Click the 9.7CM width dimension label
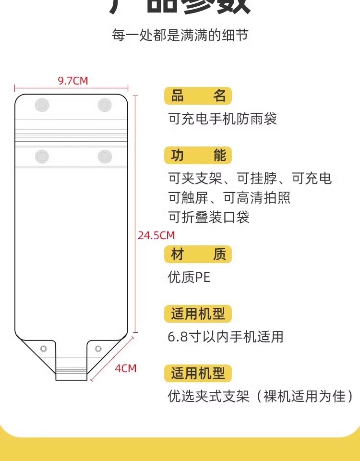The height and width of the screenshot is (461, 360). coord(73,81)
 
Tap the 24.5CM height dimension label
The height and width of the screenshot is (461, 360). coord(156,235)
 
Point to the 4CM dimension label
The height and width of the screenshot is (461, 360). coord(126,368)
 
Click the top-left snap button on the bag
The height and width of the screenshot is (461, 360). coord(42,105)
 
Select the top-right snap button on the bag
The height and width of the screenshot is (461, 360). coord(105,105)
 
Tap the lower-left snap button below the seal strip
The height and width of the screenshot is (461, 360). coord(42,156)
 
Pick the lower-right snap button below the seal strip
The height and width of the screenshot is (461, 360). coord(105,156)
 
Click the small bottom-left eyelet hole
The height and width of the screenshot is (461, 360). coord(44,348)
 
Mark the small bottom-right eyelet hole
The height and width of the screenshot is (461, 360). coord(98,348)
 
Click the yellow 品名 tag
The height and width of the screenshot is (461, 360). coord(198,96)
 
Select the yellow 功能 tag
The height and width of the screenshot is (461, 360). coord(198,156)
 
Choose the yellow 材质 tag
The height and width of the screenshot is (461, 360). coord(198,254)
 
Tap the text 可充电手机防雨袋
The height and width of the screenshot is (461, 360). coord(223,119)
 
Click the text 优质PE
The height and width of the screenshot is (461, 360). coord(189,277)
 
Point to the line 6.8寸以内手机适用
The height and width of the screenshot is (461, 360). coord(226,337)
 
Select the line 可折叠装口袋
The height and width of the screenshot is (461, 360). coord(209,217)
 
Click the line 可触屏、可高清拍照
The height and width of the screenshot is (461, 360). coord(229,197)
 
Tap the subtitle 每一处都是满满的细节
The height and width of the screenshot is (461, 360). coord(180,35)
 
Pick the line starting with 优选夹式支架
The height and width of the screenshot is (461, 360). coord(260,396)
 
